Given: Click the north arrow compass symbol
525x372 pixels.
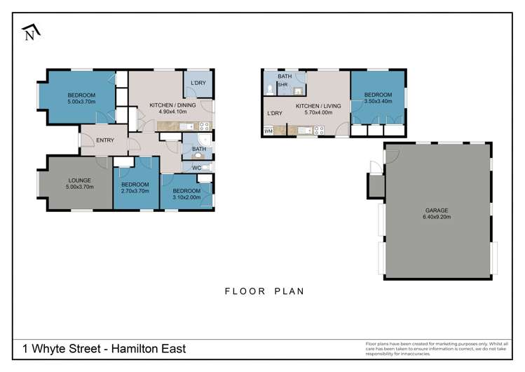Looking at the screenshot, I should pos(29,31).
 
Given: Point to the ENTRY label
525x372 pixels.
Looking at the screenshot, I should pos(105,140).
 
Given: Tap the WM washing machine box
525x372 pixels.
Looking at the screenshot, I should pos(268,131).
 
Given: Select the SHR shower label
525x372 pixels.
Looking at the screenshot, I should pos(283,85).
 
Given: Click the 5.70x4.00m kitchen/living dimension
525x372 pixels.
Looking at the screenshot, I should pos(318,112).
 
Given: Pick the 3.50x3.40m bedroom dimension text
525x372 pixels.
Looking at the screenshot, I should pos(377,101).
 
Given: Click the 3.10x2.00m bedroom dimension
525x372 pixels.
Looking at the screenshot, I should pos(186,197).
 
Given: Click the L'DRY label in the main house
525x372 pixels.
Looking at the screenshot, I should pos(198,84).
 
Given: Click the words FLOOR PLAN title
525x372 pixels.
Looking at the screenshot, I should pos(264,291).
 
